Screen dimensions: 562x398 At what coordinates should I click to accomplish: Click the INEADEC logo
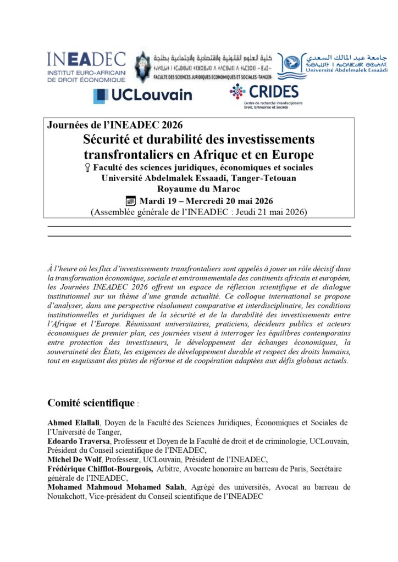[86, 67]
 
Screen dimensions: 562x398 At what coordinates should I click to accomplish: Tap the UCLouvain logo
[142, 95]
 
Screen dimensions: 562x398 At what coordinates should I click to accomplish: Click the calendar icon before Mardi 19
[131, 200]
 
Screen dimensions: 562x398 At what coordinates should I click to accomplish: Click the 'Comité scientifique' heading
[91, 403]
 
